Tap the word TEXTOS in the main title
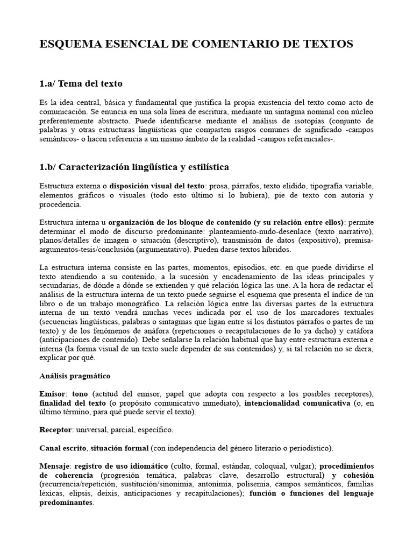[x=329, y=45]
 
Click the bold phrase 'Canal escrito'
[x=63, y=448]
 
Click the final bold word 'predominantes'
[x=66, y=503]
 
